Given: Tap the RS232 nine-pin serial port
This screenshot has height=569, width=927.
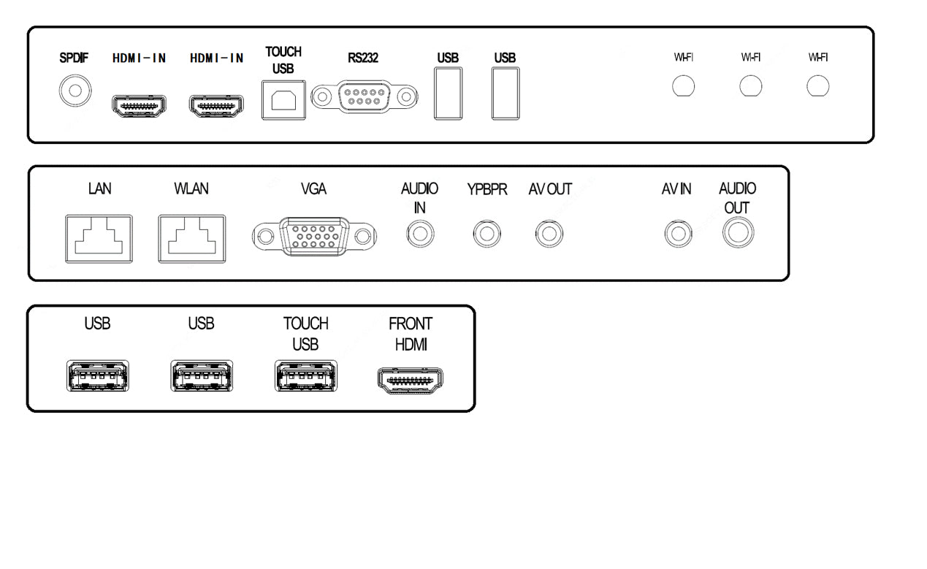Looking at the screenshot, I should point(364,96).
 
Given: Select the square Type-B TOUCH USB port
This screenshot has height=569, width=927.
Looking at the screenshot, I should point(282,99).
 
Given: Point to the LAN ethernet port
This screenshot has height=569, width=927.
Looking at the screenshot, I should point(99,238).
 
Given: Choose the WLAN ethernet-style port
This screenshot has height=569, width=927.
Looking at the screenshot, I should point(191,238).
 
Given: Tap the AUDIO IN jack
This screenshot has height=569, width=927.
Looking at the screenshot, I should point(419,235).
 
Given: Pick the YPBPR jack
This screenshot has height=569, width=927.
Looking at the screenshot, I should point(487,235).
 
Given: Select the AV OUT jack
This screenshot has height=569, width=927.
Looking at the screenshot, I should point(549,235).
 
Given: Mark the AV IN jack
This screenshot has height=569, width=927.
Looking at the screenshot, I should point(677,235).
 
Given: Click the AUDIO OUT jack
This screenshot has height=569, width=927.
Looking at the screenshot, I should point(737,234).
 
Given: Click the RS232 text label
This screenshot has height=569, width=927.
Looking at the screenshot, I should point(363,58).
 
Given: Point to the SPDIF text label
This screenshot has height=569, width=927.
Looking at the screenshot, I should point(74,58).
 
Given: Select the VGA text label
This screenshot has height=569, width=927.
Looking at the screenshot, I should point(313,189).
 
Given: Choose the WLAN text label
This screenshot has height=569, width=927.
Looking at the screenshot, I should point(191,189).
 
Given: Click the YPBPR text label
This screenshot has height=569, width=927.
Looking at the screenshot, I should point(487,190).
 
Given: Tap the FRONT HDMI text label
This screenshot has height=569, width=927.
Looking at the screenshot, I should point(411,335).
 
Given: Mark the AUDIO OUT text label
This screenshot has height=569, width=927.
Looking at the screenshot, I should point(737,198).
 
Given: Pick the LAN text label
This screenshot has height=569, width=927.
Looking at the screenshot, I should point(99,189).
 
